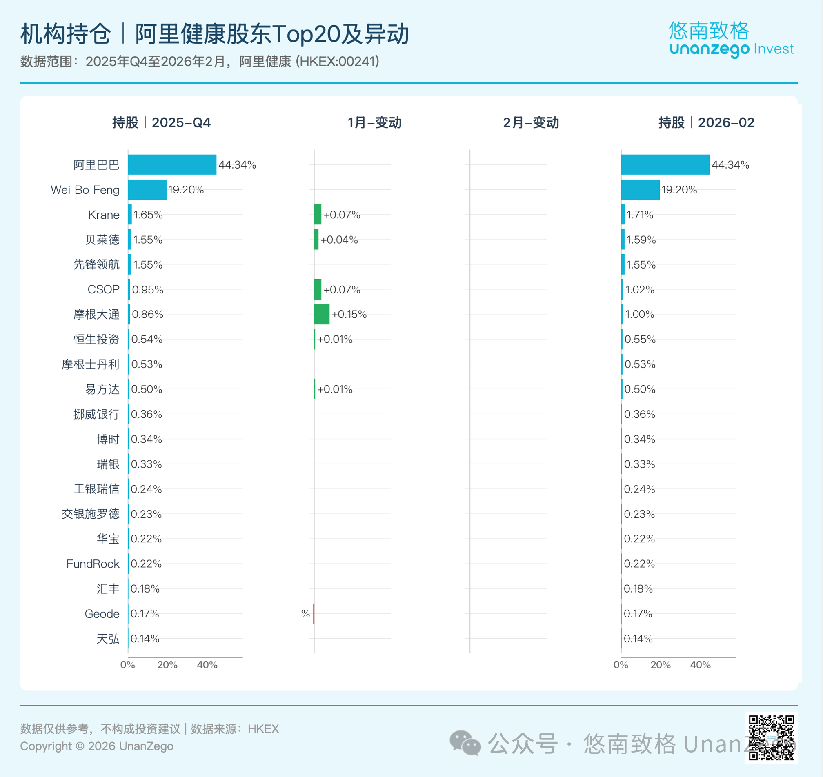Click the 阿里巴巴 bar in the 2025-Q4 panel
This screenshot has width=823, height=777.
point(172,164)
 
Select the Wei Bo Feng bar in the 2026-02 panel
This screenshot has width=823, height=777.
point(640,190)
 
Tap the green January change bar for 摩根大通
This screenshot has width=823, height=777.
point(322,314)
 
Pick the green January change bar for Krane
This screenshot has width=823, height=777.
point(318,215)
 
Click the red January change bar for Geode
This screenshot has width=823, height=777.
point(314,613)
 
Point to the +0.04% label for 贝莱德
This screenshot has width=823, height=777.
point(339,240)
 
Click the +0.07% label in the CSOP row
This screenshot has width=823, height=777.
point(342,289)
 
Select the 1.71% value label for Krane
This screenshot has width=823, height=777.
point(640,215)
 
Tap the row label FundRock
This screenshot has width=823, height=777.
point(93,564)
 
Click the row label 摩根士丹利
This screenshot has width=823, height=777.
point(90,364)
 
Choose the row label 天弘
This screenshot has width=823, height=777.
point(108,639)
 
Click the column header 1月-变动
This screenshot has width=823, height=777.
point(375,122)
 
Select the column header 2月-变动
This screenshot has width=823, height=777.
point(531,122)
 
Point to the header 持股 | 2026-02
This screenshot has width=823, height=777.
point(707,122)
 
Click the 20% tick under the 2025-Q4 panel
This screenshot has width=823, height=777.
point(167,665)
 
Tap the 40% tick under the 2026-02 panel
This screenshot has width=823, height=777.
point(701,665)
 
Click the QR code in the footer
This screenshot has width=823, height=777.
point(772,737)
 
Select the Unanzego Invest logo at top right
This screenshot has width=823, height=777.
point(731,39)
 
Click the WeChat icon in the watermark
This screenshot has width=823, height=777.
point(465,744)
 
